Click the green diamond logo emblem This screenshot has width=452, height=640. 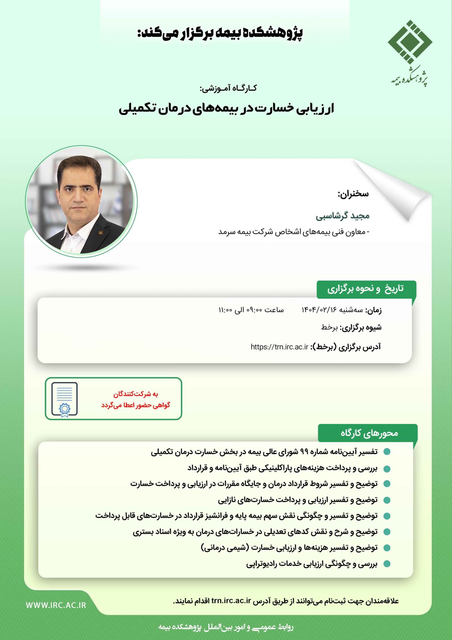(x=410, y=42)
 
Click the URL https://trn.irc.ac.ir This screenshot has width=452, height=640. (x=279, y=347)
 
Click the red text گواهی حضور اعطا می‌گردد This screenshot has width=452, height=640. (x=136, y=405)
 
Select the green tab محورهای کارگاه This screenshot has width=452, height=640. (x=369, y=433)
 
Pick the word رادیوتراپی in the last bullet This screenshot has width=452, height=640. (x=262, y=564)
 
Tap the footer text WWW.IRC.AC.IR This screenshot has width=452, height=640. (x=56, y=605)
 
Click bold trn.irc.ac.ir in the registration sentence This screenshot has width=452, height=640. (x=231, y=601)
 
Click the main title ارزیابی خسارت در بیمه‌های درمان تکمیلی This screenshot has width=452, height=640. (x=226, y=109)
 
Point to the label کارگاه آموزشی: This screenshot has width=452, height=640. (x=228, y=88)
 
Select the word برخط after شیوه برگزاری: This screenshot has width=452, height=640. (x=329, y=327)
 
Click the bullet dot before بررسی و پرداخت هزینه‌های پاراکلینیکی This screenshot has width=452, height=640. (x=387, y=469)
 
